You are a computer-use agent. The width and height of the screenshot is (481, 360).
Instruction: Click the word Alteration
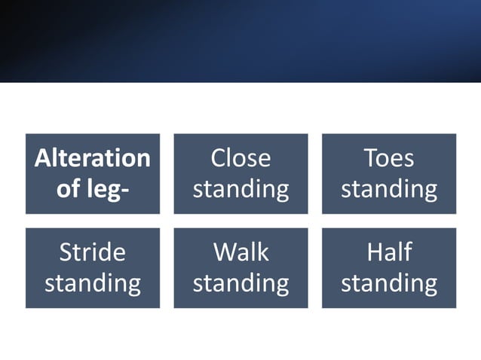pos(93,158)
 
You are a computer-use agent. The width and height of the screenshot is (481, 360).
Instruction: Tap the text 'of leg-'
pos(93,188)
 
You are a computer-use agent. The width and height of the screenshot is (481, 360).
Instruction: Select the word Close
pos(240,158)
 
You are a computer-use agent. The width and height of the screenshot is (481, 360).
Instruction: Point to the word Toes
pos(389,158)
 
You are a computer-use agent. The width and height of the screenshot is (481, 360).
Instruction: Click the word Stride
pos(93,252)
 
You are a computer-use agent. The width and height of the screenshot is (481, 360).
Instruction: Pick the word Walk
pos(240,252)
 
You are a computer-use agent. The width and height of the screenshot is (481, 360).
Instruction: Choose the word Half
pos(389,252)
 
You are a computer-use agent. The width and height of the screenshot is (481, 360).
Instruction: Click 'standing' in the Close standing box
pos(240,189)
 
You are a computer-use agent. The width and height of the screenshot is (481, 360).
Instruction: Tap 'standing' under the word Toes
pos(389,189)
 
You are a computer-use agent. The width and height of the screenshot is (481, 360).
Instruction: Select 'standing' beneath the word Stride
pos(93,283)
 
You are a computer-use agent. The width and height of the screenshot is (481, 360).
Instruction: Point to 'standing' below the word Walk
pos(240,283)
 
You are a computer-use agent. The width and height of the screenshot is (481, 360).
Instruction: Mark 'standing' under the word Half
pos(389,283)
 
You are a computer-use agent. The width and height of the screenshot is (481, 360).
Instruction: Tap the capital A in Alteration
pos(44,158)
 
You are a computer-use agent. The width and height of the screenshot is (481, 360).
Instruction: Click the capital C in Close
pos(218,158)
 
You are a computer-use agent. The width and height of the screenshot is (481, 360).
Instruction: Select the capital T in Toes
pos(369,158)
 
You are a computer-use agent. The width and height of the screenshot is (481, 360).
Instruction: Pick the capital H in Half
pos(374,252)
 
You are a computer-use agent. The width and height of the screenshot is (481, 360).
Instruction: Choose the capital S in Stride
pos(66,252)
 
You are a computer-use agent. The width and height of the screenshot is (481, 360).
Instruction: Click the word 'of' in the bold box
pos(67,188)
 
